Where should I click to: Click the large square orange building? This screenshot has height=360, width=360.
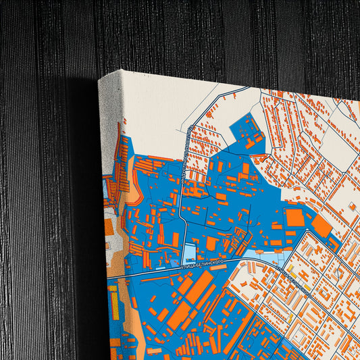[294, 217]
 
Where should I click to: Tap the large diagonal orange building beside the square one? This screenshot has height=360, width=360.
[322, 226]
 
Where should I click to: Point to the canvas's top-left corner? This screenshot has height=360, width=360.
[99, 80]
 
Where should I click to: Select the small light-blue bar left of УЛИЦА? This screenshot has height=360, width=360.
[161, 269]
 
